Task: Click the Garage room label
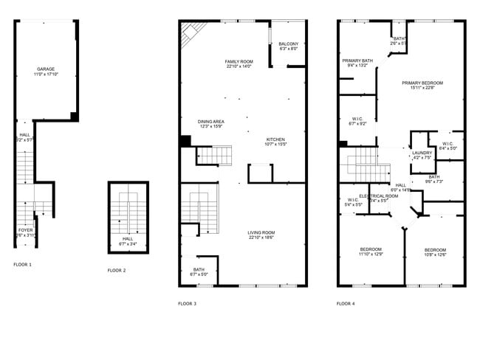pyautogui.click(x=46, y=69)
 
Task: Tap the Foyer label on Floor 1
pyautogui.click(x=24, y=230)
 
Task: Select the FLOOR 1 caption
pyautogui.click(x=23, y=264)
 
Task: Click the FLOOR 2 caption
pyautogui.click(x=117, y=271)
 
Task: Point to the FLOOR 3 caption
pyautogui.click(x=187, y=303)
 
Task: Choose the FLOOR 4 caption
pyautogui.click(x=346, y=303)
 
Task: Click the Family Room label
pyautogui.click(x=239, y=61)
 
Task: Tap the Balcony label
pyautogui.click(x=288, y=44)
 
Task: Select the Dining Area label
pyautogui.click(x=210, y=121)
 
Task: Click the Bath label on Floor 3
pyautogui.click(x=199, y=269)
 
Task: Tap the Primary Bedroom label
pyautogui.click(x=422, y=83)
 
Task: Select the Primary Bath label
pyautogui.click(x=357, y=60)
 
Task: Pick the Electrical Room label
pyautogui.click(x=378, y=195)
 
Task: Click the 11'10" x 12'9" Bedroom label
pyautogui.click(x=370, y=249)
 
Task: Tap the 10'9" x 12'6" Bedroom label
pyautogui.click(x=434, y=249)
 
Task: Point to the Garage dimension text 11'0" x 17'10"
pyautogui.click(x=46, y=74)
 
